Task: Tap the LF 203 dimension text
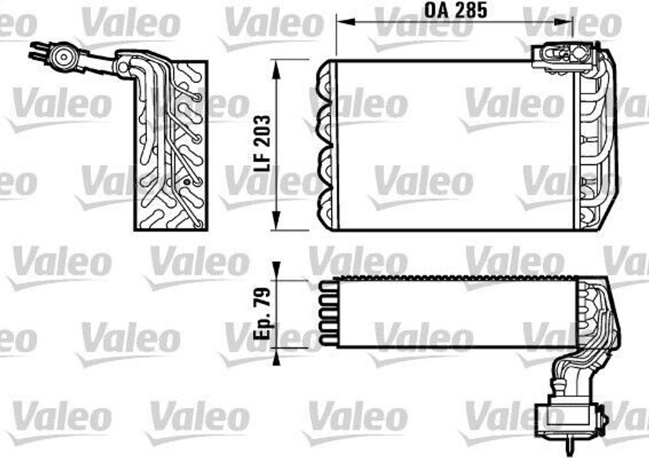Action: click(x=262, y=145)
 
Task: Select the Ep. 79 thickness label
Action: click(x=262, y=314)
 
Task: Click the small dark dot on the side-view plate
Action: click(x=186, y=182)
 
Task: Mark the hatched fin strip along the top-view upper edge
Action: click(x=456, y=278)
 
